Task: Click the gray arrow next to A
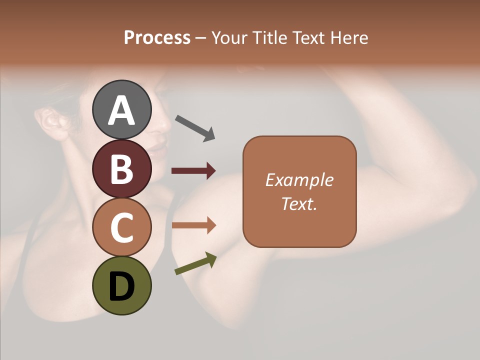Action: pyautogui.click(x=194, y=127)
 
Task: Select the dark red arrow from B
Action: pyautogui.click(x=193, y=171)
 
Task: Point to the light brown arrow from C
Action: pyautogui.click(x=193, y=225)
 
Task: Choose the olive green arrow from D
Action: pyautogui.click(x=195, y=264)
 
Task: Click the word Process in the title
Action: pyautogui.click(x=157, y=37)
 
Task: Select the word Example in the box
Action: pyautogui.click(x=299, y=180)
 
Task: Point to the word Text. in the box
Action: pyautogui.click(x=299, y=203)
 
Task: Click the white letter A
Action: pyautogui.click(x=121, y=110)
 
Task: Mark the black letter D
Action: pyautogui.click(x=121, y=286)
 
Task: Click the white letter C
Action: pyautogui.click(x=121, y=228)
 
